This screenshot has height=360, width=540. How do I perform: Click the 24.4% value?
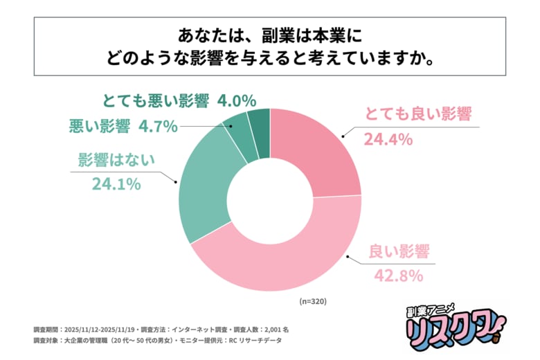(x=388, y=139)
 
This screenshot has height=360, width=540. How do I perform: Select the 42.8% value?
(x=398, y=276)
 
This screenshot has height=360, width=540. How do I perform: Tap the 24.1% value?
(x=116, y=183)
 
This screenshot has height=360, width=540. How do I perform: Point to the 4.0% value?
(x=237, y=101)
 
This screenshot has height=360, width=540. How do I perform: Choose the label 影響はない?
(x=116, y=160)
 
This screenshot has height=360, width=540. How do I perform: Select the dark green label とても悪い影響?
(x=155, y=101)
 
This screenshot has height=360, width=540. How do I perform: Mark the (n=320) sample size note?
(x=313, y=302)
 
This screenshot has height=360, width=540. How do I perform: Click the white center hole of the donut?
(x=270, y=200)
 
